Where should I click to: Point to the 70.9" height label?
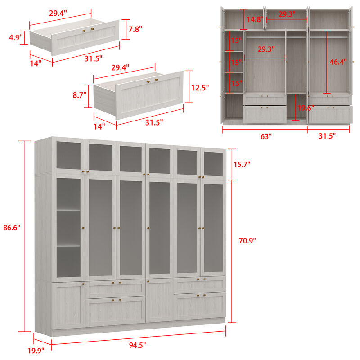click(247, 241)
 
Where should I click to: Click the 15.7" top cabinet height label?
click(243, 165)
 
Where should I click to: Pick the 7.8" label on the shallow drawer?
click(135, 29)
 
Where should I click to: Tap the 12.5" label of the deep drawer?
click(199, 88)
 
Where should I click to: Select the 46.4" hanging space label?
click(338, 62)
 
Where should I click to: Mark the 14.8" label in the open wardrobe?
click(254, 19)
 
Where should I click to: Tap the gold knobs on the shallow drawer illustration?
click(88, 30)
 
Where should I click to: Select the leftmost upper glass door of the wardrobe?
click(68, 155)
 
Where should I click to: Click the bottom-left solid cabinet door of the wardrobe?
click(68, 305)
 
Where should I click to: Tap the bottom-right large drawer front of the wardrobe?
click(199, 306)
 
